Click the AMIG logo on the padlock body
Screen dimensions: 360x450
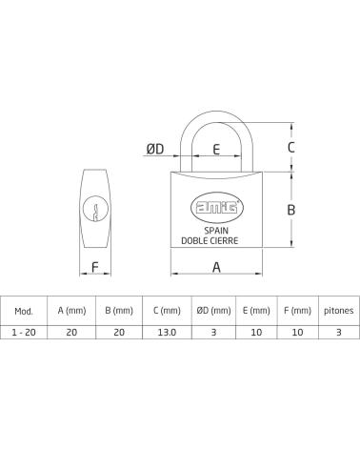tap(217, 208)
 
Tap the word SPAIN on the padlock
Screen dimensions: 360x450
tap(216, 231)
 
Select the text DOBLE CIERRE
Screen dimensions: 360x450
tap(210, 240)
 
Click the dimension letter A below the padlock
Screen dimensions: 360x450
tap(216, 267)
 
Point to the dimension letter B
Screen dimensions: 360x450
tap(290, 210)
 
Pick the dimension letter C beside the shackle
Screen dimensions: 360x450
tap(290, 148)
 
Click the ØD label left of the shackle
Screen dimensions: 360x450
tap(155, 149)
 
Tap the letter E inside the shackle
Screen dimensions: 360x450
tap(216, 149)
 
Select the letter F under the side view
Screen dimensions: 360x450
tap(95, 267)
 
